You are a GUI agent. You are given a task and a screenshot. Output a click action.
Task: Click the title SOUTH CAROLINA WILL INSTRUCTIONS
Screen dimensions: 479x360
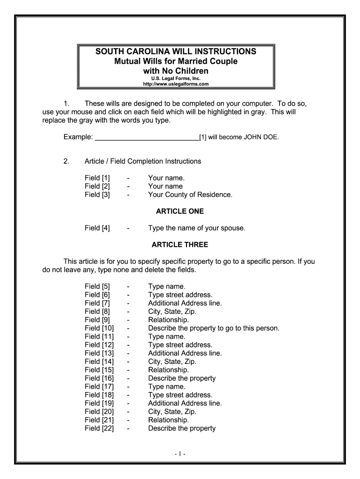[x=175, y=51]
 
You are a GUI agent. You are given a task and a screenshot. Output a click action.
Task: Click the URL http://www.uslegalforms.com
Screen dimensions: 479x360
[x=175, y=84]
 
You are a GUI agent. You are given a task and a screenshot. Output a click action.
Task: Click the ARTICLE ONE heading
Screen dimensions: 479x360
[x=180, y=211]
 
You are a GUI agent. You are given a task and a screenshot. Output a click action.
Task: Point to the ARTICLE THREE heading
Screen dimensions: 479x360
[x=180, y=245]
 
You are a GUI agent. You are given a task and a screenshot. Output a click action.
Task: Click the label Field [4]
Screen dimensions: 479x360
[x=97, y=228]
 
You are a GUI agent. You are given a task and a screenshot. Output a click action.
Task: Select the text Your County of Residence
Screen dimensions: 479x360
[x=190, y=195]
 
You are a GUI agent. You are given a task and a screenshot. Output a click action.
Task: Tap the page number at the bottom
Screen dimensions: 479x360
[x=180, y=454]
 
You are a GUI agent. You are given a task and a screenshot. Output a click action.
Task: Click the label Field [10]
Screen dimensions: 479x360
[x=99, y=328]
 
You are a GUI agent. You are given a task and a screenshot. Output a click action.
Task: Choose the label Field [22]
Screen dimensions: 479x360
[x=99, y=428]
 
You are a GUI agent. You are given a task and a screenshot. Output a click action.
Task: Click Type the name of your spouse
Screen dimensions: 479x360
[x=196, y=228]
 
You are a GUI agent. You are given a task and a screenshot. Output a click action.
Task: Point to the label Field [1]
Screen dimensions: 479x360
[x=97, y=178]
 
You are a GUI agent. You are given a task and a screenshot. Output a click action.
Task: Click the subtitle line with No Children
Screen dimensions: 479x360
[x=175, y=71]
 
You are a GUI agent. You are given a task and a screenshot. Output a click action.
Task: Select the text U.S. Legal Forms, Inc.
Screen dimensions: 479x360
[x=175, y=79]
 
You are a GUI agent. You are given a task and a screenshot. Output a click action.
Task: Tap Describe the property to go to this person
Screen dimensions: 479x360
[x=214, y=328]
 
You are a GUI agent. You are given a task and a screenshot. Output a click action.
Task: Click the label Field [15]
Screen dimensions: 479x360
[x=99, y=370]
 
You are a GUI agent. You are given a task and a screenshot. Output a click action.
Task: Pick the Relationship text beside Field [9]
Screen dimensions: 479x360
[x=168, y=320]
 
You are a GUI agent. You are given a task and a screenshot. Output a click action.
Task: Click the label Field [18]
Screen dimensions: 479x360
[x=99, y=395]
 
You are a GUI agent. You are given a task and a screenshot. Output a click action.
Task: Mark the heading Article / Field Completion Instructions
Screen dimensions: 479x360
[x=143, y=161]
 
